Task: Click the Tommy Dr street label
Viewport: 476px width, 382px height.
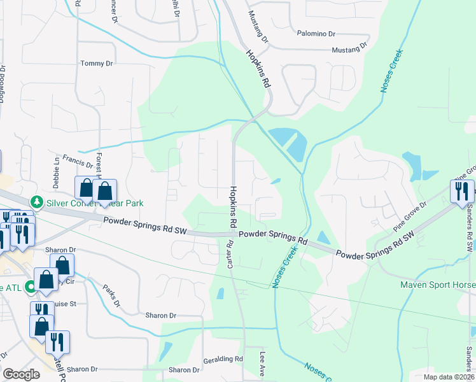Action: [x=96, y=64]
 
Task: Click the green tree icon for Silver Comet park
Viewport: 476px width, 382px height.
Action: [x=38, y=202]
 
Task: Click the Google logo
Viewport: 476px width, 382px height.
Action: [x=22, y=374]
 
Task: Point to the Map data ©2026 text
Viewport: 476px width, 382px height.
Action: [x=449, y=377]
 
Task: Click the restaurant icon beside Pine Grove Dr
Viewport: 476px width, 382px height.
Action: [x=462, y=190]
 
